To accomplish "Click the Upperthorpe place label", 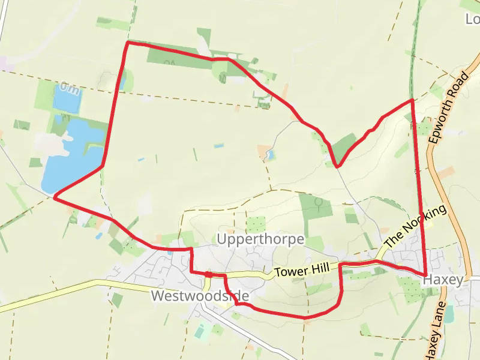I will pyautogui.click(x=261, y=239).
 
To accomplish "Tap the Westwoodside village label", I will pyautogui.click(x=200, y=296).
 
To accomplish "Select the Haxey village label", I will pyautogui.click(x=443, y=280).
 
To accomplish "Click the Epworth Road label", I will pyautogui.click(x=449, y=108).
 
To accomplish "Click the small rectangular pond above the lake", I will pyautogui.click(x=66, y=98).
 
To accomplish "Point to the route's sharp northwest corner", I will pyautogui.click(x=127, y=43).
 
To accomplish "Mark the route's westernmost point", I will pyautogui.click(x=55, y=196).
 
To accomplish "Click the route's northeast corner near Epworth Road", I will pyautogui.click(x=412, y=100).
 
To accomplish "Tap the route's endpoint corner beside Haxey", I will pyautogui.click(x=425, y=275).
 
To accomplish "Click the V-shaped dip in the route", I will pyautogui.click(x=338, y=166).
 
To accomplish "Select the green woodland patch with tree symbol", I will pyautogui.click(x=316, y=206).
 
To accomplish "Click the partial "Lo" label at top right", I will pyautogui.click(x=473, y=19).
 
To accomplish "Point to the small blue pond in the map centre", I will pyautogui.click(x=270, y=155).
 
